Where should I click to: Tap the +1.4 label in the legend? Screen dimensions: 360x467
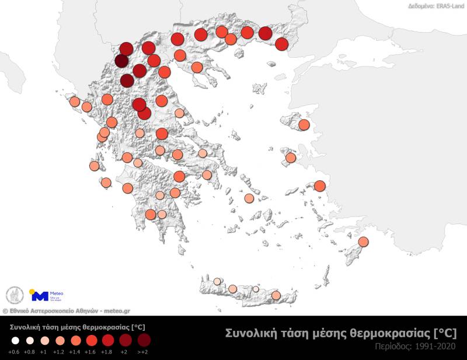click(74, 351)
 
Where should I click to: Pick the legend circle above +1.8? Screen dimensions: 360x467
click(108, 340)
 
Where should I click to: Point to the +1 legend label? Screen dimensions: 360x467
click(44, 351)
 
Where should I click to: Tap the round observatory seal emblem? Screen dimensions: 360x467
click(14, 295)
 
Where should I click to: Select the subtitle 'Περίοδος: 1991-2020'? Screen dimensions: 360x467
click(416, 347)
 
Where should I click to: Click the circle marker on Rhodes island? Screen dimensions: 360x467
click(363, 242)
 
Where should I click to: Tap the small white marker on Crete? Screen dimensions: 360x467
click(255, 289)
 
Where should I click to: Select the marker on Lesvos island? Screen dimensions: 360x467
click(304, 125)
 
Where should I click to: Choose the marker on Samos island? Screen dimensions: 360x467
click(319, 186)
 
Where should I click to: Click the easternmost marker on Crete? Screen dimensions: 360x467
click(276, 295)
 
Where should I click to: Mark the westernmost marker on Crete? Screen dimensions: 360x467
click(217, 281)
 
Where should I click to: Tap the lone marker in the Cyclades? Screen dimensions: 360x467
click(249, 198)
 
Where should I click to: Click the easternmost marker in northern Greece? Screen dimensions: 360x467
click(281, 44)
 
